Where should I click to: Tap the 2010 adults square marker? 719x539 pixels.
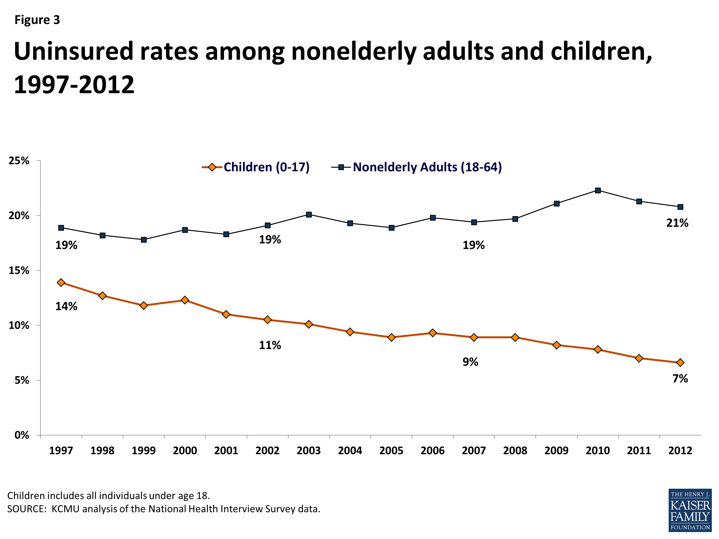597,190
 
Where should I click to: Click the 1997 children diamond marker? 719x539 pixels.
61,282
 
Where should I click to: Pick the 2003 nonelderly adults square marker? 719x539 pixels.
309,214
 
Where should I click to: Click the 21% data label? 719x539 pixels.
677,223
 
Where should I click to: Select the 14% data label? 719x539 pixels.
66,306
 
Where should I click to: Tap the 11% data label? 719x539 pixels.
270,345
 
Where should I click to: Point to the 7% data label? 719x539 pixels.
680,378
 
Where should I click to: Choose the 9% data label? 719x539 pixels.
470,361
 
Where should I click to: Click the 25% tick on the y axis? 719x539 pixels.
19,161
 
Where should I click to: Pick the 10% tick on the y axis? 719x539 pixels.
19,325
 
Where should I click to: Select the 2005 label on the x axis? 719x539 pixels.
391,450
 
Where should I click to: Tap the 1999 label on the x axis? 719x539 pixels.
143,450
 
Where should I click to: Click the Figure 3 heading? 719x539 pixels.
37,20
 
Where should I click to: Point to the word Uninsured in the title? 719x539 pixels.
74,51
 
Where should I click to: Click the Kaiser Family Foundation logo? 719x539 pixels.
690,510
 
